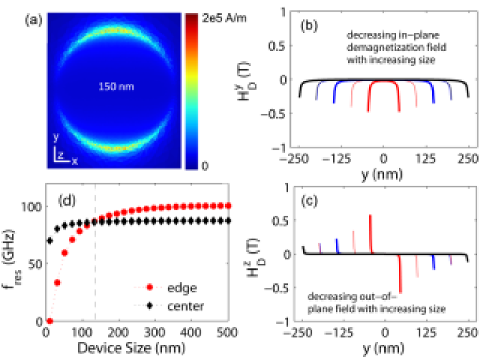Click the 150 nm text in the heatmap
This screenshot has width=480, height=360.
(115, 87)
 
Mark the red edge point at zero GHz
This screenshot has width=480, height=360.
(50, 321)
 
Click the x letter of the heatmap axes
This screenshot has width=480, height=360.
(74, 161)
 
